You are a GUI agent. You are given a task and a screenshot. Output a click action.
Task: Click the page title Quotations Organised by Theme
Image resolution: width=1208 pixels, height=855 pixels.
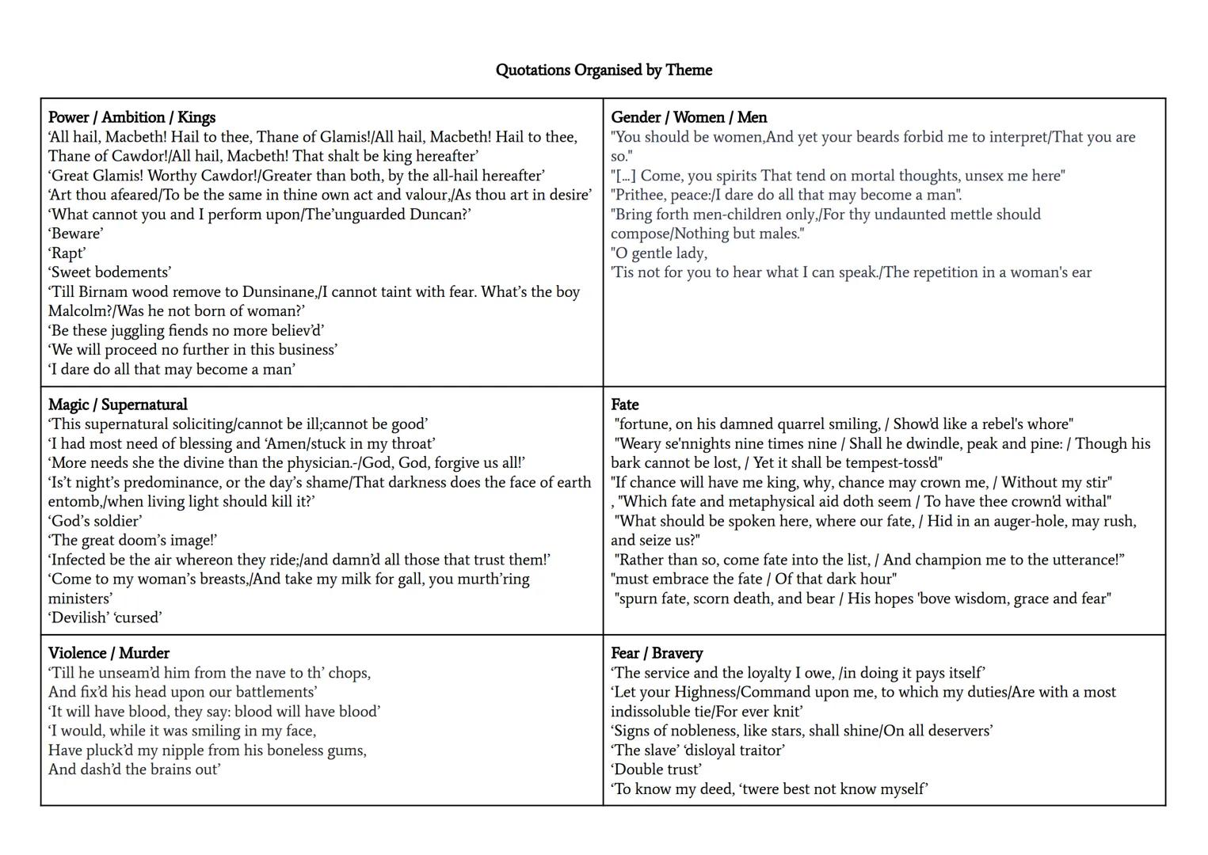click(604, 70)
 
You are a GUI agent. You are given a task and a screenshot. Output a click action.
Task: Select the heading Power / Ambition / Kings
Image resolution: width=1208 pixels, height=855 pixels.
click(131, 118)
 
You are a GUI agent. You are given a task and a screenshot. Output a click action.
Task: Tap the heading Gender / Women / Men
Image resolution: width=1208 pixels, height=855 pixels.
click(688, 118)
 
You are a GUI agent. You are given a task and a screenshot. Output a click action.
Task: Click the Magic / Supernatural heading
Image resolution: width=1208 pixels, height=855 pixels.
click(117, 405)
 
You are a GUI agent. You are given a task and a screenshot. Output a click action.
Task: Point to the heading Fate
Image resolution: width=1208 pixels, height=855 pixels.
click(624, 405)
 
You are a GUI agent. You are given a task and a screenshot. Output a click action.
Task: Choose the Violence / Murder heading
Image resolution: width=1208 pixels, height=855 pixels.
click(109, 654)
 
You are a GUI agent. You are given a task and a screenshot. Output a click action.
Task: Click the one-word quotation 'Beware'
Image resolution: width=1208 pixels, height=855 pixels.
click(75, 234)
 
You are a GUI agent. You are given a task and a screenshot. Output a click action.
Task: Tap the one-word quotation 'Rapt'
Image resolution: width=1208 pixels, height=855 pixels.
click(67, 253)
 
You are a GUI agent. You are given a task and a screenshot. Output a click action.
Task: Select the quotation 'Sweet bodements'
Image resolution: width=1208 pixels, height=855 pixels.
click(109, 273)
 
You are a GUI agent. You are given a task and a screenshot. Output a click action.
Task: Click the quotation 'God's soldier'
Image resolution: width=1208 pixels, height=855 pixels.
click(95, 522)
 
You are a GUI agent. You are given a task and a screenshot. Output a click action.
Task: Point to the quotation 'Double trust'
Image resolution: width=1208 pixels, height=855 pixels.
click(656, 770)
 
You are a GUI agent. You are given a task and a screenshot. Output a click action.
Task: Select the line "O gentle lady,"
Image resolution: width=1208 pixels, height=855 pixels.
click(659, 253)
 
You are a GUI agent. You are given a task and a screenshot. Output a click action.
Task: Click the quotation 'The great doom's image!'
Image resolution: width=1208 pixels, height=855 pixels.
click(132, 541)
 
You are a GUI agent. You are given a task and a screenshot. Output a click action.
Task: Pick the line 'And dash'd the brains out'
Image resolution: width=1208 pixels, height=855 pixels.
click(134, 770)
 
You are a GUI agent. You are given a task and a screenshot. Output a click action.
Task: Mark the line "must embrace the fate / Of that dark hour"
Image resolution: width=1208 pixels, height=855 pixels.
click(753, 579)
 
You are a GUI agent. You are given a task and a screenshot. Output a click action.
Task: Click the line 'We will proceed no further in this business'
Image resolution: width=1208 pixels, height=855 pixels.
click(192, 350)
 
